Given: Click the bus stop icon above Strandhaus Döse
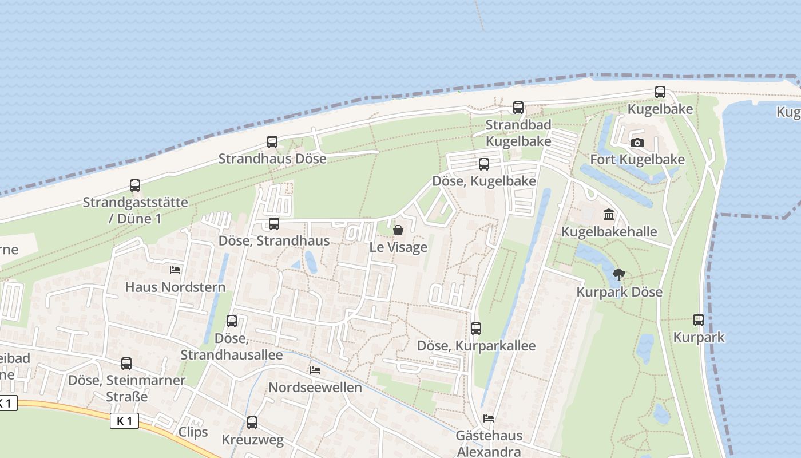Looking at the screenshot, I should [272, 141].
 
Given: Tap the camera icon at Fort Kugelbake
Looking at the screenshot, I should [637, 143].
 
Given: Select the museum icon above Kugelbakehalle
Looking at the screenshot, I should [609, 215].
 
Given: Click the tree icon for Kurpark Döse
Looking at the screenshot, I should [618, 274].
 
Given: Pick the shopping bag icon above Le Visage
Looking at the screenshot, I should [398, 230].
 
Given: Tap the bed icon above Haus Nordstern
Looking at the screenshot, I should [175, 270].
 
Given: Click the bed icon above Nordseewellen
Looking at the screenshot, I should [315, 370].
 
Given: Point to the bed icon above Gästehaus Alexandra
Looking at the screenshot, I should [489, 418].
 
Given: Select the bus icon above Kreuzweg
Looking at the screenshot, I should [252, 423].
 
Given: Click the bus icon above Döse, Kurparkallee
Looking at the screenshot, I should [476, 328].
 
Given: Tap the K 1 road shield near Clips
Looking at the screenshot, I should [125, 421].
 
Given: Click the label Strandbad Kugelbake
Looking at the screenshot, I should [518, 133].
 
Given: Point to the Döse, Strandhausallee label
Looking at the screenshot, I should [232, 347].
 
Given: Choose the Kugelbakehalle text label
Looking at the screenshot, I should [609, 232].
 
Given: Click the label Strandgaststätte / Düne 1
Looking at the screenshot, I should [135, 210].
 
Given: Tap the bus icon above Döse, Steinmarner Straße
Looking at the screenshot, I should [126, 363].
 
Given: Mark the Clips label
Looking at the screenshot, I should [193, 432].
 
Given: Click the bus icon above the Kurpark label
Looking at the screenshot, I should [699, 320].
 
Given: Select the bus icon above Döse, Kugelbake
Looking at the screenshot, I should [484, 164].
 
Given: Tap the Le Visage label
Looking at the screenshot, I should [398, 247].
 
